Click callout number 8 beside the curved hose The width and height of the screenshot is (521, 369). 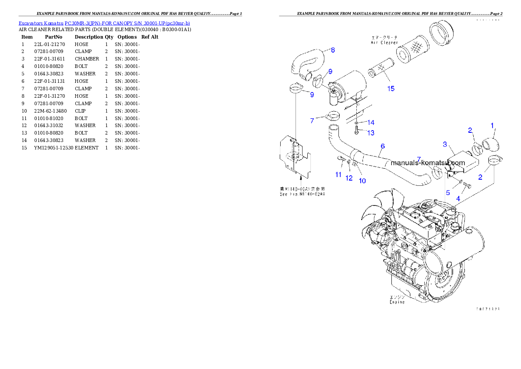tap(333, 50)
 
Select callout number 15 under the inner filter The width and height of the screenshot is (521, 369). tap(391, 89)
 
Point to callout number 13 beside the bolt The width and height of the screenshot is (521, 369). tap(370, 133)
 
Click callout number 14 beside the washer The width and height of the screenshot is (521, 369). tap(370, 122)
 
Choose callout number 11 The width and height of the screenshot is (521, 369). tap(338, 174)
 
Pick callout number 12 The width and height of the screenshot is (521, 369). tap(349, 178)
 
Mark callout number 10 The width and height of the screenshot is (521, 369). tap(362, 180)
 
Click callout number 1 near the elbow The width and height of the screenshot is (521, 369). tap(492, 126)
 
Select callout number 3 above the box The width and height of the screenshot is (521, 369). tap(445, 144)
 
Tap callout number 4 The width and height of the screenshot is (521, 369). tap(458, 198)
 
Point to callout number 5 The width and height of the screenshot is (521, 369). tap(447, 192)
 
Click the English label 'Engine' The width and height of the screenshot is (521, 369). tap(398, 302)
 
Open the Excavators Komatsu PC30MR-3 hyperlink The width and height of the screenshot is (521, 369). tap(104, 23)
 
